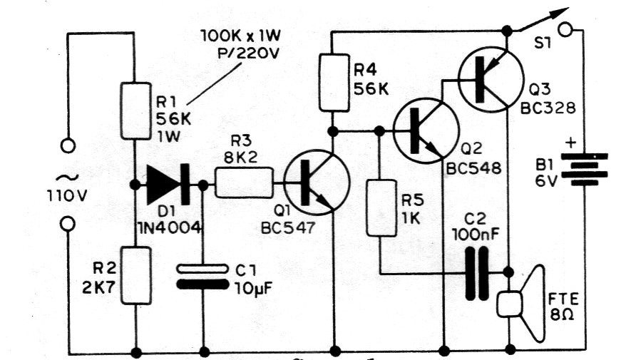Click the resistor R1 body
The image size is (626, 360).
135,110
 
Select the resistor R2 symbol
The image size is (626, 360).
135,275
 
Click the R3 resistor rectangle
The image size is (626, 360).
244,184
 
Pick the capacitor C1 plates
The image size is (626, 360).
204,276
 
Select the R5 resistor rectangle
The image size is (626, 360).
379,208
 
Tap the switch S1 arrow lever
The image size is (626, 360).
541,21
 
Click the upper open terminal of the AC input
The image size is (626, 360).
68,146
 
